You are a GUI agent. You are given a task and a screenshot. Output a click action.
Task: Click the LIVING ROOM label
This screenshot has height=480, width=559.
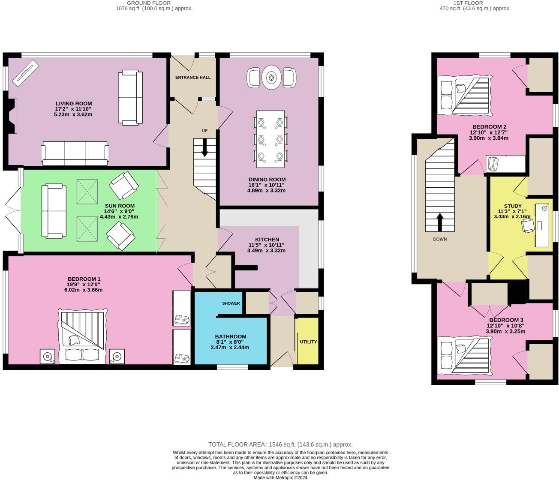click(74, 103)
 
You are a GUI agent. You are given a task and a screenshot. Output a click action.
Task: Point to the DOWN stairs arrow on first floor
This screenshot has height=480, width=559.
click(440, 222)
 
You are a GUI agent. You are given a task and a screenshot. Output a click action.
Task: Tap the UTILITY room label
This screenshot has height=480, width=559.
click(308, 342)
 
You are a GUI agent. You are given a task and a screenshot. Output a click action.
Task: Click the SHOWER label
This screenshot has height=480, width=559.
click(231, 303)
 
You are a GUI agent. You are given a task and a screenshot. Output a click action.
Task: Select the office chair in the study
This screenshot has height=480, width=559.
click(528, 226)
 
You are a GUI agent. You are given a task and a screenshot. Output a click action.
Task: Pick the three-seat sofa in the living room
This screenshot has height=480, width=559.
click(75, 153)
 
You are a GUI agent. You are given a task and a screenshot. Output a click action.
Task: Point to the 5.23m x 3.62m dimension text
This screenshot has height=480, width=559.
click(73, 114)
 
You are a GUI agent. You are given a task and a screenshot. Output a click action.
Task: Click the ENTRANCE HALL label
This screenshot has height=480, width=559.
click(193, 78)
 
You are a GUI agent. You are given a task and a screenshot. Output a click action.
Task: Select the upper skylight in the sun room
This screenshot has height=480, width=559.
click(87, 192)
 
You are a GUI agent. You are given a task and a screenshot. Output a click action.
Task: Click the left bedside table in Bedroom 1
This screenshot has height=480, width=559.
click(47, 356)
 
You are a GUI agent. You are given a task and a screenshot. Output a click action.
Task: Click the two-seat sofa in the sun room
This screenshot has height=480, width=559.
click(51, 210)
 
